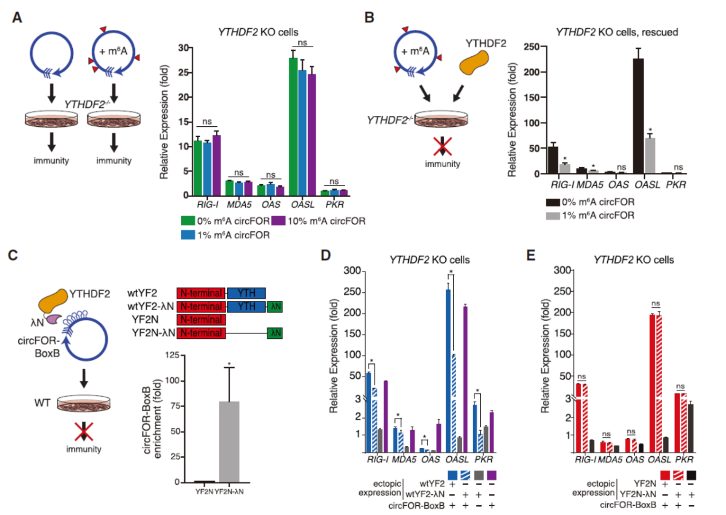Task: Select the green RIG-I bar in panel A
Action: tap(197, 168)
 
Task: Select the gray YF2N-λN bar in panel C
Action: tap(230, 442)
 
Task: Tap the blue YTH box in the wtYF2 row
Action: tap(246, 292)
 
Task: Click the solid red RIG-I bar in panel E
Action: tap(578, 415)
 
